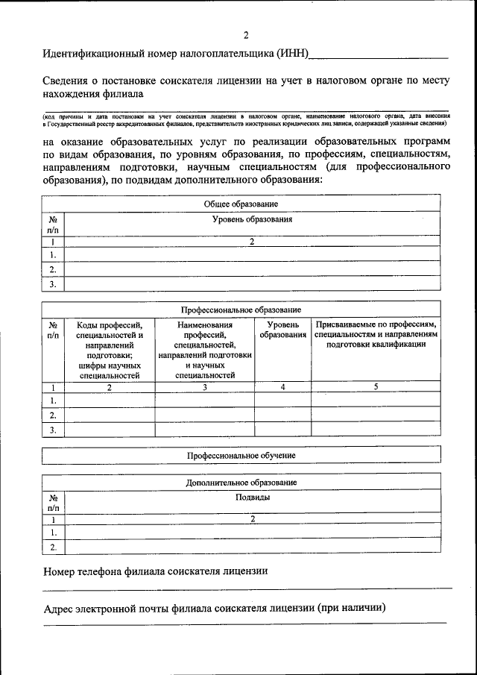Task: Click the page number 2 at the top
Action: tap(246, 35)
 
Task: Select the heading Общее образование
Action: tap(241, 204)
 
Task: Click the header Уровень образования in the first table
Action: tap(252, 220)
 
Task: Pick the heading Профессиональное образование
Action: tap(241, 310)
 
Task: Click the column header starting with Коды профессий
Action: tap(110, 350)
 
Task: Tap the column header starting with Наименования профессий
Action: tap(204, 350)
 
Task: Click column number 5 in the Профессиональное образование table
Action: tap(376, 387)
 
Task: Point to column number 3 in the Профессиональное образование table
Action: tap(204, 387)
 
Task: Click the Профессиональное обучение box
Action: tap(241, 455)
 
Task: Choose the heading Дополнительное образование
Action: tap(241, 483)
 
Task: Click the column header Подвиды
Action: tap(252, 497)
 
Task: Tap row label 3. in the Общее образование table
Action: tap(53, 284)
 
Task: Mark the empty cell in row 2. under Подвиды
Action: tap(252, 547)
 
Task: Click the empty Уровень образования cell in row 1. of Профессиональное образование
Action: tap(282, 401)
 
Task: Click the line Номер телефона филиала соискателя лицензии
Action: tap(155, 571)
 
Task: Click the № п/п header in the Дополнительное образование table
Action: tap(53, 502)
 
